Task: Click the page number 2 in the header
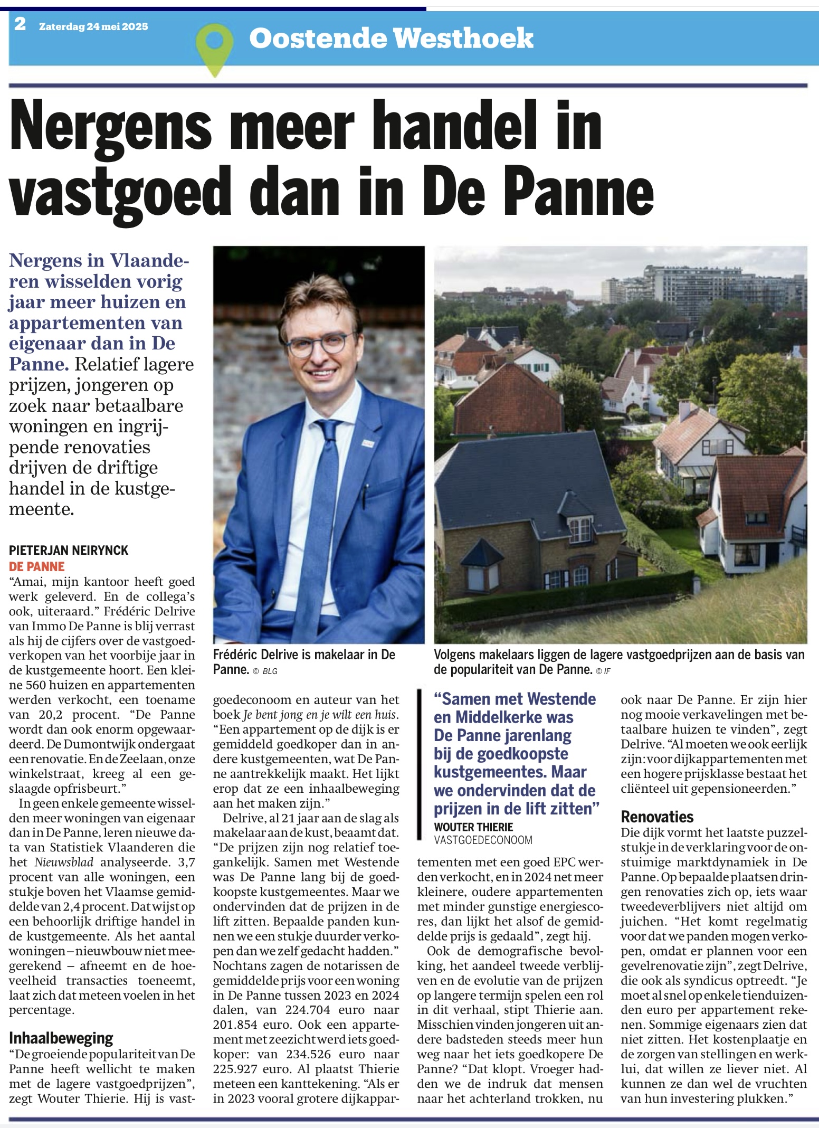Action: pyautogui.click(x=20, y=24)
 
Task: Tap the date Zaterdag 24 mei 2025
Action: pyautogui.click(x=93, y=26)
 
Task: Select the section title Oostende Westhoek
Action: pyautogui.click(x=391, y=39)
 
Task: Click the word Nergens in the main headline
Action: pyautogui.click(x=111, y=128)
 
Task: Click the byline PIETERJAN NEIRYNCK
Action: pyautogui.click(x=69, y=550)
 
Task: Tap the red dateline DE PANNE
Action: pyautogui.click(x=36, y=566)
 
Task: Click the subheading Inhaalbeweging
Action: pyautogui.click(x=61, y=1038)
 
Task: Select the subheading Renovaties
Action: pyautogui.click(x=657, y=817)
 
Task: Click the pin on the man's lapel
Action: pyautogui.click(x=368, y=444)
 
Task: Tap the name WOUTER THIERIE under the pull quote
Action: pyautogui.click(x=473, y=827)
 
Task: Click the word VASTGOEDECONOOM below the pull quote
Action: pyautogui.click(x=483, y=840)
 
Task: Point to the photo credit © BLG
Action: pyautogui.click(x=265, y=671)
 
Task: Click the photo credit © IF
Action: pyautogui.click(x=603, y=671)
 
